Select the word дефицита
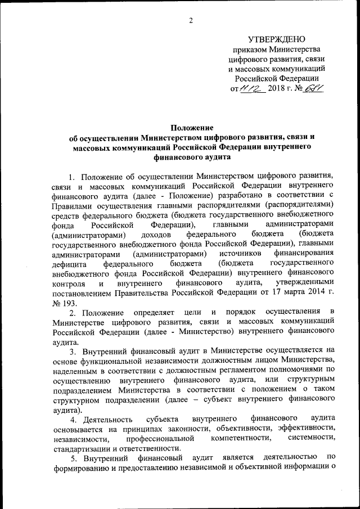click(x=69, y=263)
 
